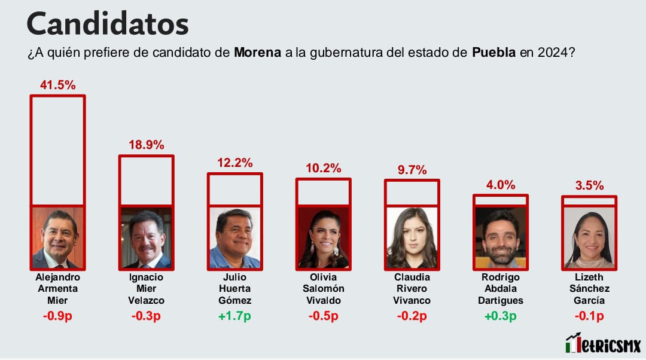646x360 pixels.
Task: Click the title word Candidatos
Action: [108, 24]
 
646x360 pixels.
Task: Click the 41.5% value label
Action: [58, 85]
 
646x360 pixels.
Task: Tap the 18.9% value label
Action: [146, 145]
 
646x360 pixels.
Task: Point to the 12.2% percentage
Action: [234, 163]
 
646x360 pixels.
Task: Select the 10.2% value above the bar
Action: [323, 168]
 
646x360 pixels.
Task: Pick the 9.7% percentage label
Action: [412, 170]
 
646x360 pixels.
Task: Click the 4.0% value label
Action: [500, 185]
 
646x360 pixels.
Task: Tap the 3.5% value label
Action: [589, 185]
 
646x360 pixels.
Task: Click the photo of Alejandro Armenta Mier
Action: [58, 237]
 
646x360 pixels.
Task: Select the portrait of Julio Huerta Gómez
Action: [234, 237]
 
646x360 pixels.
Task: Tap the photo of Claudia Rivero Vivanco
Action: [412, 237]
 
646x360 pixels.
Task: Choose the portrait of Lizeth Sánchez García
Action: [589, 237]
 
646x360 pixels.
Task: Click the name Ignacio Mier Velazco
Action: [146, 289]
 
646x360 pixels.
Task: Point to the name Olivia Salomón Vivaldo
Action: [323, 289]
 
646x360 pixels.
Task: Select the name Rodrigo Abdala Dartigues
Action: [500, 289]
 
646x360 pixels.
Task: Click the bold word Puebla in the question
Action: [494, 53]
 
